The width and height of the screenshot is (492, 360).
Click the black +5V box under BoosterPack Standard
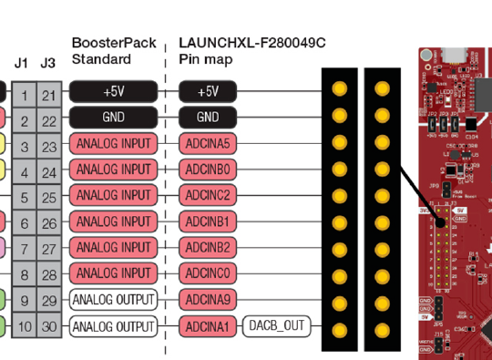click(x=114, y=91)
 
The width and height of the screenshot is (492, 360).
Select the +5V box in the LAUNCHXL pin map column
click(x=208, y=91)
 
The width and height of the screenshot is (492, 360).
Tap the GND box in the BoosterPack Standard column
click(x=114, y=118)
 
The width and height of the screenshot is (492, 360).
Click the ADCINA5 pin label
click(x=208, y=144)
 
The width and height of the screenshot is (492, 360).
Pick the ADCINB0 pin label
click(x=208, y=170)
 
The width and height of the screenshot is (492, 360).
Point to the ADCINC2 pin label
click(x=208, y=196)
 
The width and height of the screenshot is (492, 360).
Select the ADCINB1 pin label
click(x=208, y=221)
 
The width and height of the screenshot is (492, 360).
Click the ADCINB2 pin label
click(x=208, y=247)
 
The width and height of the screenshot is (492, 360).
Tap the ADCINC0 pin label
click(x=208, y=273)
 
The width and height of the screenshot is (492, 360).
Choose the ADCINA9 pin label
click(x=208, y=300)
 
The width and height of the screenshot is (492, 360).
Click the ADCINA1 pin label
click(x=208, y=325)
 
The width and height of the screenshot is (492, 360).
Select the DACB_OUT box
click(x=276, y=325)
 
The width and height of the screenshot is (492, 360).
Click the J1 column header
click(x=23, y=63)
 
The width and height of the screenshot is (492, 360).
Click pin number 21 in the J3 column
click(x=49, y=93)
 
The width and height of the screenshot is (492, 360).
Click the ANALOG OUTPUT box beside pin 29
click(x=114, y=300)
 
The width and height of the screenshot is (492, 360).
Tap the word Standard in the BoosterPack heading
click(x=101, y=59)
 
